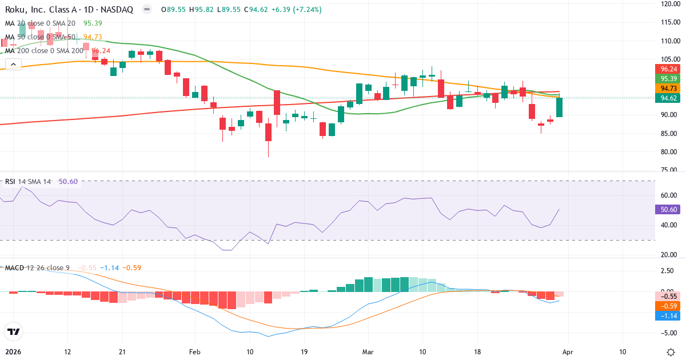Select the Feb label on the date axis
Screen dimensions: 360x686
[196, 351]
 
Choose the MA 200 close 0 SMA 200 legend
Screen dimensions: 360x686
[43, 50]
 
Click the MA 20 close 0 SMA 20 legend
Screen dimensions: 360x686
[40, 23]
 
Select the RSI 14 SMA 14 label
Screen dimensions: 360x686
[28, 182]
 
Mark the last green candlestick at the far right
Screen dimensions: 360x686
[559, 107]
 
